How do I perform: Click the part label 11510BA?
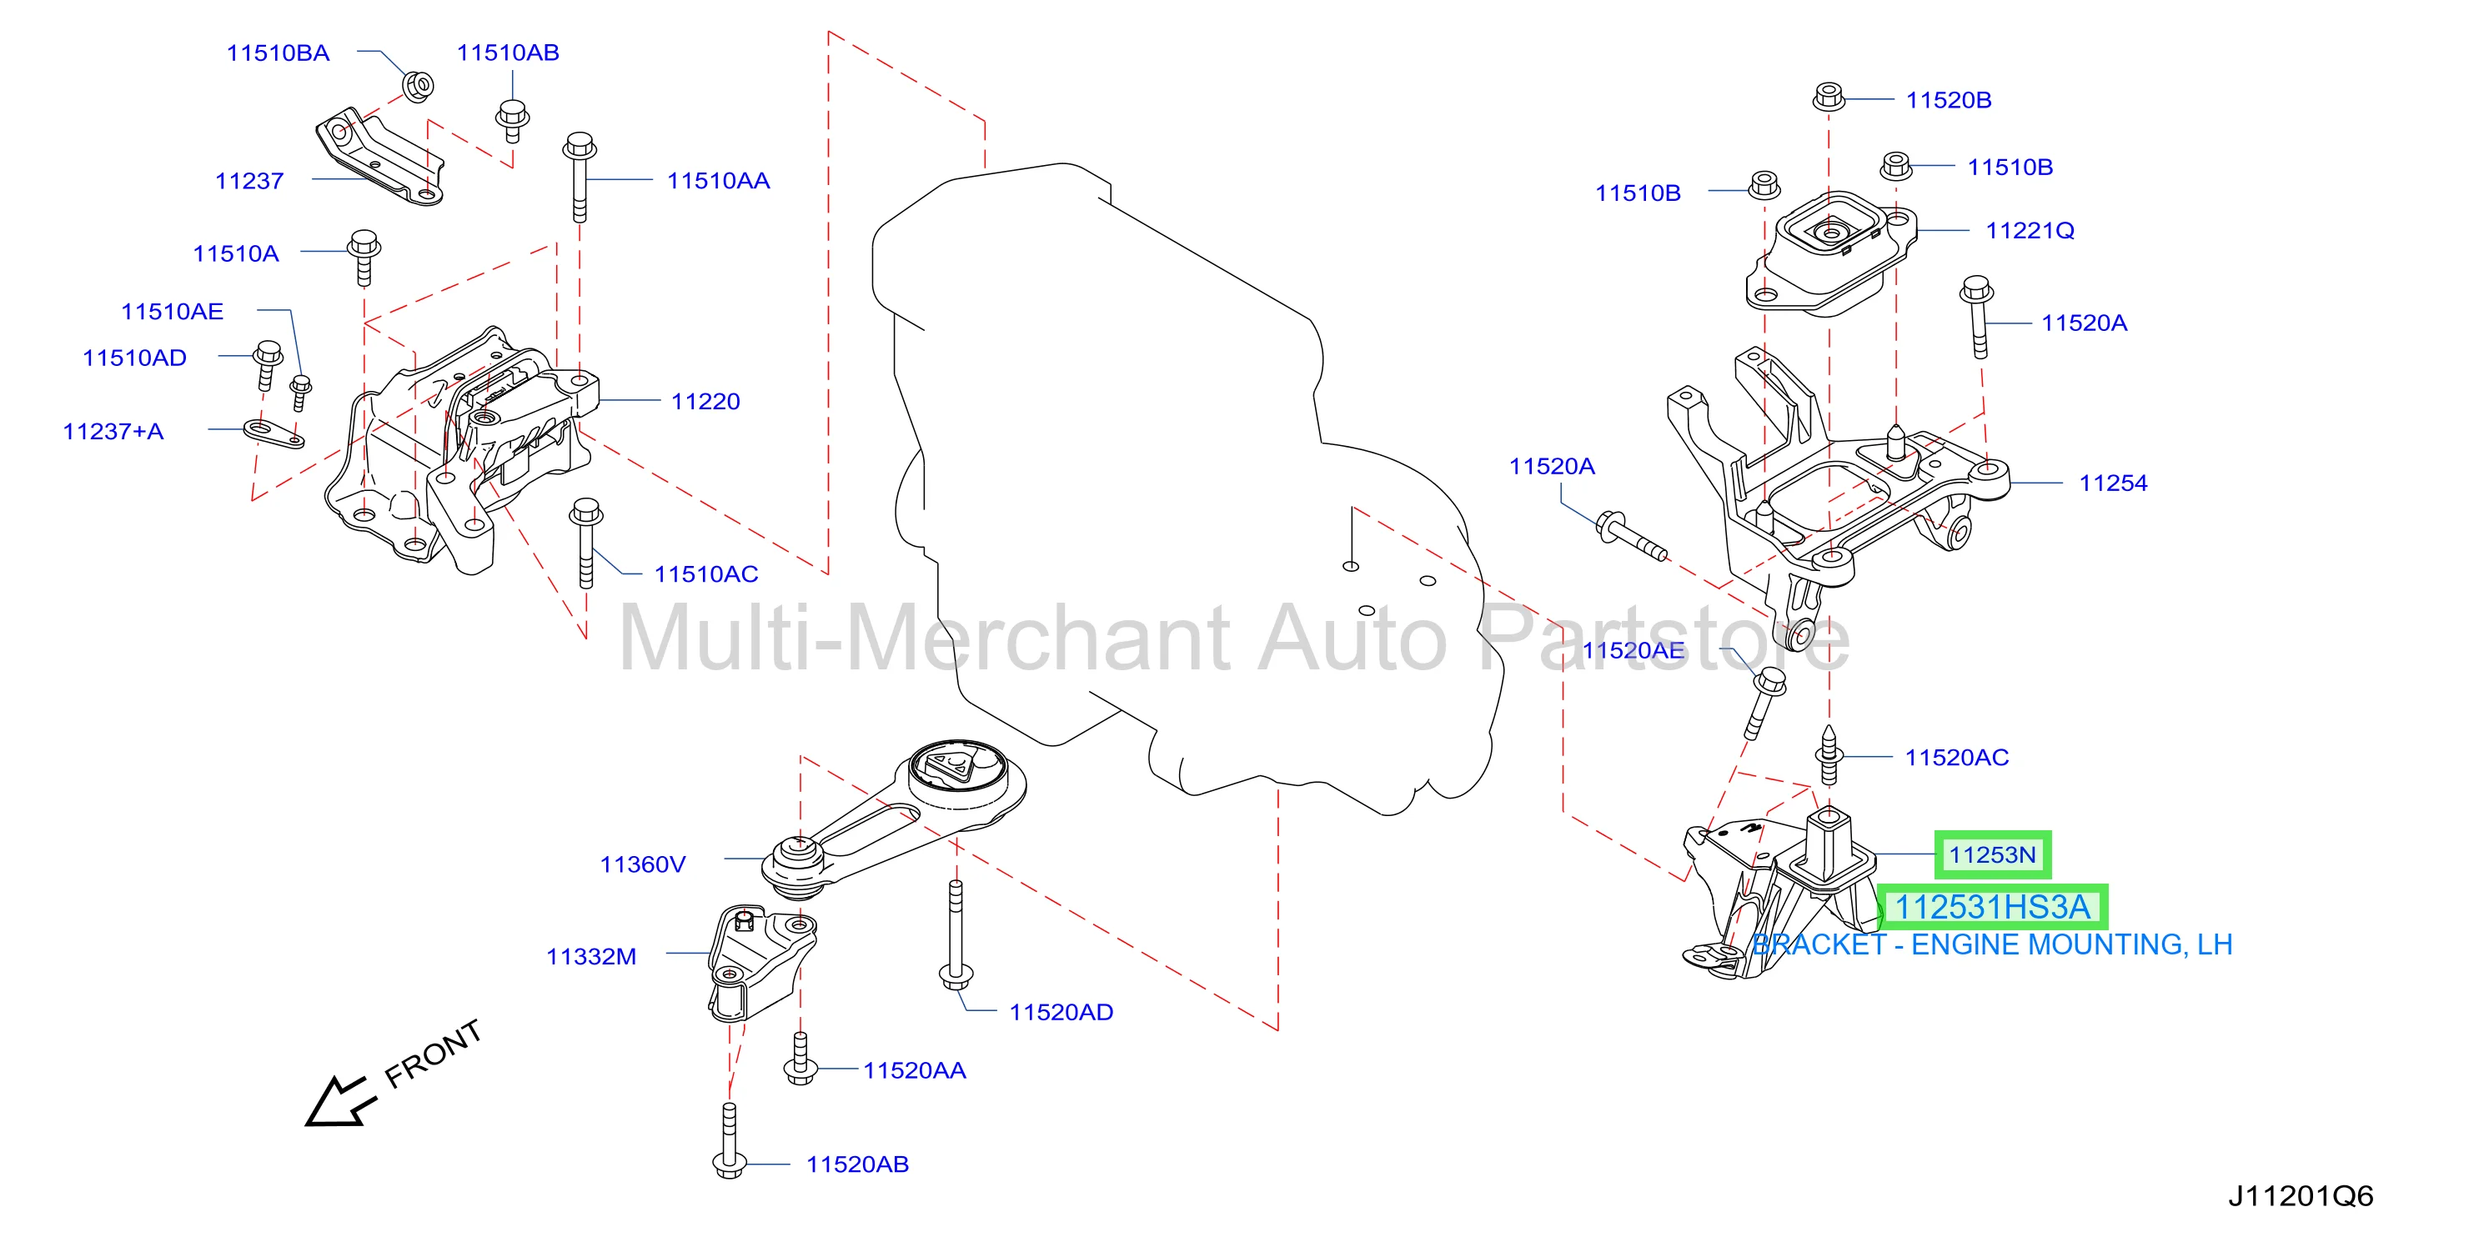[x=278, y=53]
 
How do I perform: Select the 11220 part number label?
[x=705, y=402]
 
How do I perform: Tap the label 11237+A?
[x=113, y=431]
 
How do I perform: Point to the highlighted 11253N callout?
[x=1992, y=854]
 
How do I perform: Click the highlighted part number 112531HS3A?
[x=1992, y=906]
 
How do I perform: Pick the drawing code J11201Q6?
[x=2301, y=1197]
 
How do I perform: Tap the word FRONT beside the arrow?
[x=434, y=1054]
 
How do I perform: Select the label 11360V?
[x=642, y=864]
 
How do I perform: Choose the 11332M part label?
[x=590, y=956]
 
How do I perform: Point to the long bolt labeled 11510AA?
[x=580, y=178]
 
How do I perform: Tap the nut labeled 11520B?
[x=1829, y=97]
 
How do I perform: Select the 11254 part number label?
[x=2112, y=483]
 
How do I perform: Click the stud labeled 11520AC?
[x=1829, y=756]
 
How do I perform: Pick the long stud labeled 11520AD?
[x=955, y=935]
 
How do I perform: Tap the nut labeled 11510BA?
[x=418, y=84]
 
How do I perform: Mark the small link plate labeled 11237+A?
[x=274, y=434]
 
